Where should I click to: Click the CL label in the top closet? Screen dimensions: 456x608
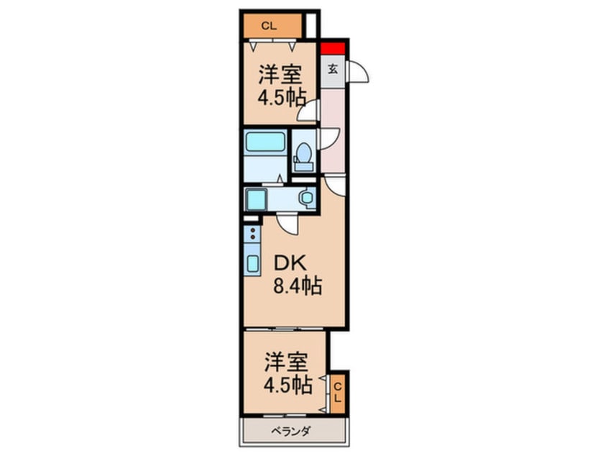269,27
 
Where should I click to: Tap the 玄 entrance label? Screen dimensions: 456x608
333,70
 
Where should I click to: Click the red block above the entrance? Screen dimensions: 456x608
333,50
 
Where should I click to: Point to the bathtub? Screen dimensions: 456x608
264,142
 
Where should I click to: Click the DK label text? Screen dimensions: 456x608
285,263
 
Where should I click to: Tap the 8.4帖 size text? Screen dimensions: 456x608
296,286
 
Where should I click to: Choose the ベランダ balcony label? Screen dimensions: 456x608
290,432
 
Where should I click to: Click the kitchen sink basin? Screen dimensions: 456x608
253,263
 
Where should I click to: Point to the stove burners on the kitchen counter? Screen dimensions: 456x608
252,233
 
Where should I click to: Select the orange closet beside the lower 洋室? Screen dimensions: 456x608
338,393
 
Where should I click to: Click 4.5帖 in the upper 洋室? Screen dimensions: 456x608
282,97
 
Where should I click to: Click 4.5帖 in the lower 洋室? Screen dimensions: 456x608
287,386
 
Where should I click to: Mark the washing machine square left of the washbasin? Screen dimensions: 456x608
254,198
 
